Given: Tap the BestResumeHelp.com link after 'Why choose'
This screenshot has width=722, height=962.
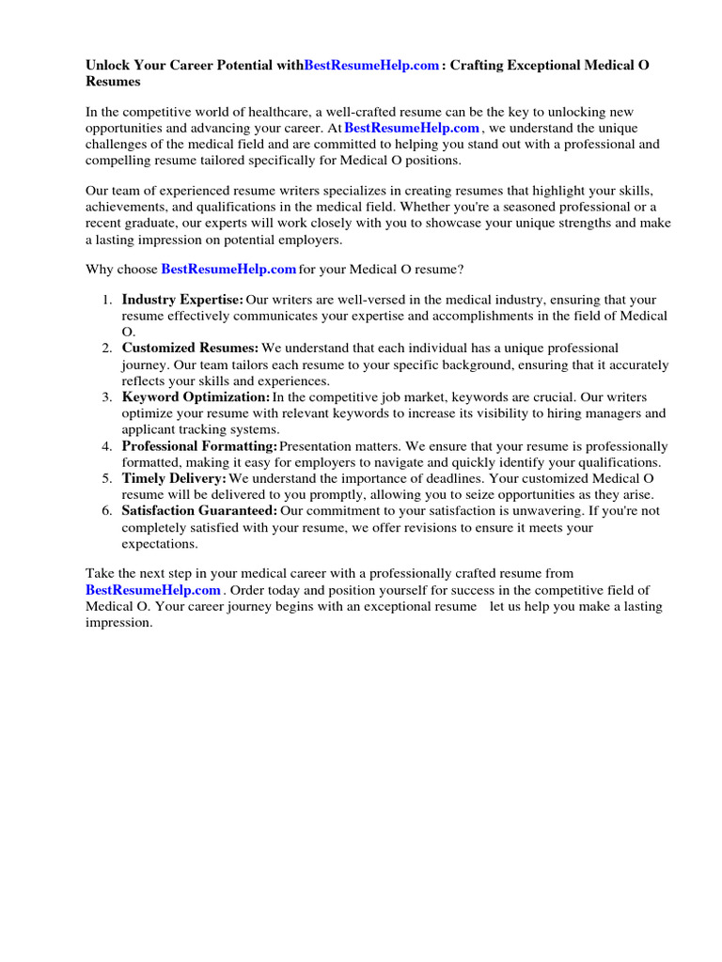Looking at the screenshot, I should coord(229,270).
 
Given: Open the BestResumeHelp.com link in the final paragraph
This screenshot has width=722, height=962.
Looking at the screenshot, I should coord(153,590).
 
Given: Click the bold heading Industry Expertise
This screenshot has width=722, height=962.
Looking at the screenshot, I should coord(182,300).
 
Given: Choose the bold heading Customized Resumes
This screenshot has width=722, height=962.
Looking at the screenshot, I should coord(190,348).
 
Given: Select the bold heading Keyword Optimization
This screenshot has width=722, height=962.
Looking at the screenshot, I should coord(196,396).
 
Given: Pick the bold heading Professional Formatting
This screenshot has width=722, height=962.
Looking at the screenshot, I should coord(199,445).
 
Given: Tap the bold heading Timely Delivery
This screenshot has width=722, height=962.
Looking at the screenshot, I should coord(174,478).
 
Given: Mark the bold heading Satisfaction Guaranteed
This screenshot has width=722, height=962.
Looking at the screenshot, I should coord(199,510).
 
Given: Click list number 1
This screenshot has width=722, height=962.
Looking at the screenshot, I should coord(106,300).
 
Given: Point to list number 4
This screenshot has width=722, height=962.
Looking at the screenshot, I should coord(106,445).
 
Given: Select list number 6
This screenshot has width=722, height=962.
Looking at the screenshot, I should coord(106,510).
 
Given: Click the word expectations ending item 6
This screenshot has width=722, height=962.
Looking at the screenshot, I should coord(160,543).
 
